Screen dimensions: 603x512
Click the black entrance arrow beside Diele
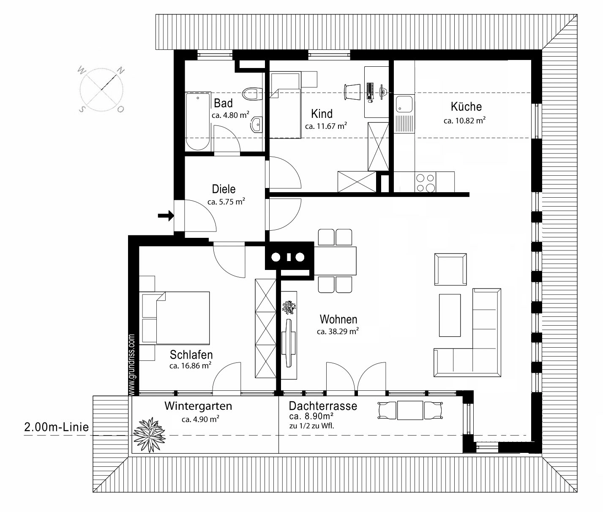(x=166, y=216)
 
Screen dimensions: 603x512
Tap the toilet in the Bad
(x=250, y=94)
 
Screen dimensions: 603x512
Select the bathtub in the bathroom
(x=198, y=121)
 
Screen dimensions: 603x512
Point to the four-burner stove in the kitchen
(x=426, y=182)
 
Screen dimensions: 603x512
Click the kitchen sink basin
(x=404, y=104)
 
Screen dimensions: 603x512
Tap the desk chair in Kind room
(x=353, y=92)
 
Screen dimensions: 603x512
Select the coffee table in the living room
(x=450, y=315)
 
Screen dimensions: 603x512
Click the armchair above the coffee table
(x=450, y=269)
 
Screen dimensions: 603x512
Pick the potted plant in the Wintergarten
(x=149, y=435)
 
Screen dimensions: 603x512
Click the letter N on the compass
(x=120, y=71)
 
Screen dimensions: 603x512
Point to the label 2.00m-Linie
(x=56, y=427)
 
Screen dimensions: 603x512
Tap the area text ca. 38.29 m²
(x=338, y=331)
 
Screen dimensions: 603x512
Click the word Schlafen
(x=191, y=354)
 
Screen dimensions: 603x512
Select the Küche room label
(x=466, y=107)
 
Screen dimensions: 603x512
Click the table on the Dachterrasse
(x=410, y=410)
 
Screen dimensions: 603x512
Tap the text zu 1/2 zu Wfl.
(x=311, y=426)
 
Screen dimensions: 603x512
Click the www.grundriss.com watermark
(x=131, y=365)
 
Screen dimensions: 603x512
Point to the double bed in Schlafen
(x=175, y=318)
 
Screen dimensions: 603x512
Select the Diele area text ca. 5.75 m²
(x=226, y=202)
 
